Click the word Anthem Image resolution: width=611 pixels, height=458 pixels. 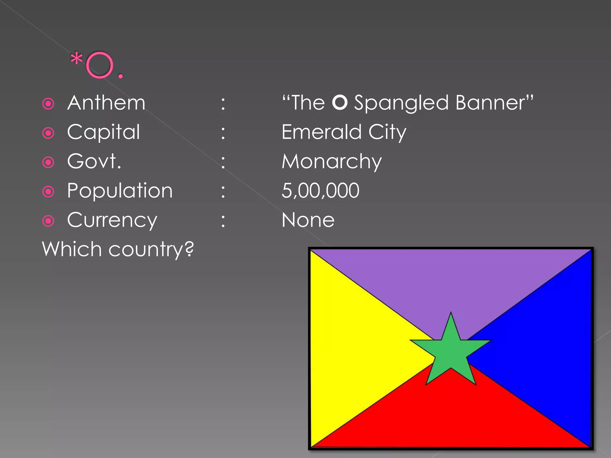(106, 103)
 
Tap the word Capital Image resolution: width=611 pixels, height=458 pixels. (104, 132)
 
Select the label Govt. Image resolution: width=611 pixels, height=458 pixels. (94, 161)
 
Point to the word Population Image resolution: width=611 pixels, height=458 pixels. (120, 191)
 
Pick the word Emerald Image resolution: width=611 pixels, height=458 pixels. (322, 132)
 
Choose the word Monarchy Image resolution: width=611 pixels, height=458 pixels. (332, 162)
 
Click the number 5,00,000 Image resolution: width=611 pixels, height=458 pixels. (320, 191)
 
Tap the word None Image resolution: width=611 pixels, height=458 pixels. (308, 220)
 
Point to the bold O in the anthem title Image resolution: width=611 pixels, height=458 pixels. (340, 102)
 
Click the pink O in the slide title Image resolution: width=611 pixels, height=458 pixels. (100, 65)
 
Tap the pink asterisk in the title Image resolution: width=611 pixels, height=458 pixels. (76, 58)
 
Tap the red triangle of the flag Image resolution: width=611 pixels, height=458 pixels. (450, 417)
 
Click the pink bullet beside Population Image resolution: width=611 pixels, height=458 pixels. (48, 191)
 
